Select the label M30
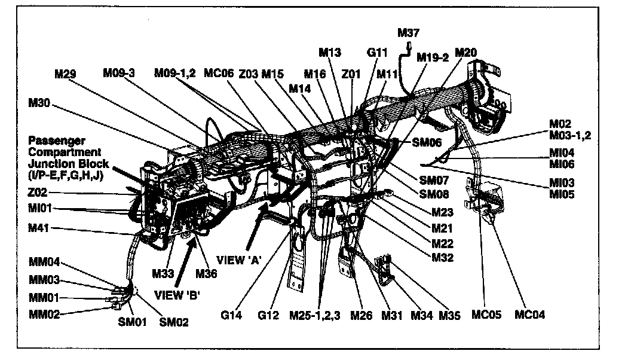tap(39, 103)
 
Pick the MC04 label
tap(531, 315)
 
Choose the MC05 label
tap(486, 315)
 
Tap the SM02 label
tap(174, 322)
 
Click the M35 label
tap(450, 315)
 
